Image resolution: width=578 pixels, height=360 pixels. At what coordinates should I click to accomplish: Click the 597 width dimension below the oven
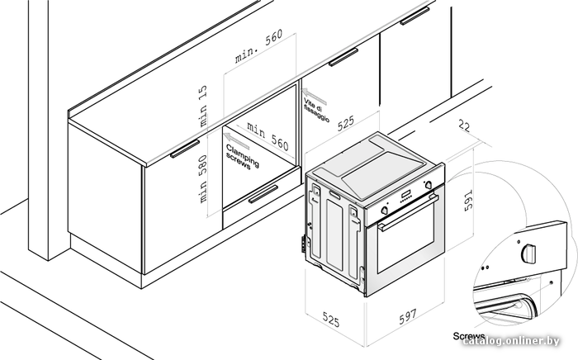[x=407, y=316]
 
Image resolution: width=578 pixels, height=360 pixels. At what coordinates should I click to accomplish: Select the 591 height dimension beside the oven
[x=468, y=201]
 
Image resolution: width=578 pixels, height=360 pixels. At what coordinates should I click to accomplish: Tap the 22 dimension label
[x=464, y=126]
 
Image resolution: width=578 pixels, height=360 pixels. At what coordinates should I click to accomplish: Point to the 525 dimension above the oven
[x=346, y=123]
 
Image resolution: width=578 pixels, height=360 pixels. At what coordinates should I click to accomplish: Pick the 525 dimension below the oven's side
[x=330, y=319]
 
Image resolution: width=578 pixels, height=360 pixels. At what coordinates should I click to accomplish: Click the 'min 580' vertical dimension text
[x=203, y=178]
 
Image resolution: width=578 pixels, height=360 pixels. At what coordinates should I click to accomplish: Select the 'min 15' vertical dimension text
[x=203, y=107]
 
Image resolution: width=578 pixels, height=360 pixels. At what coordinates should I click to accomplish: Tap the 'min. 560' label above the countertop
[x=258, y=45]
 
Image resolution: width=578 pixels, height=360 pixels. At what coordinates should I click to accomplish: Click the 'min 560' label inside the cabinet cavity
[x=268, y=136]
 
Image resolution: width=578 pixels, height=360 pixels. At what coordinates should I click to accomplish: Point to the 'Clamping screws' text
[x=242, y=158]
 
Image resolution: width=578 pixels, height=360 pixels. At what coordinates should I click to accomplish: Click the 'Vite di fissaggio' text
[x=316, y=110]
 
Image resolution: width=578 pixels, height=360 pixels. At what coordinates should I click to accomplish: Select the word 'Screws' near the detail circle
[x=469, y=336]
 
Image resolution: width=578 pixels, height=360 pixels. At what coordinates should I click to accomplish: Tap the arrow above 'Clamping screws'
[x=237, y=141]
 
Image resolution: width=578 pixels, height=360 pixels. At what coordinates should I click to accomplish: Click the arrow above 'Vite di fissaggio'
[x=315, y=96]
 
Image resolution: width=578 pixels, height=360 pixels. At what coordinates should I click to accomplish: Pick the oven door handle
[x=409, y=212]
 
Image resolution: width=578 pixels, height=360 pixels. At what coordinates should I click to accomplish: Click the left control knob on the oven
[x=384, y=210]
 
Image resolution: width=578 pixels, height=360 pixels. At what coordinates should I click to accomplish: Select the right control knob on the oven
[x=429, y=185]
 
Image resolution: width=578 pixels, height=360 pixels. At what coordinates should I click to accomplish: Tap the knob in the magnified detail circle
[x=528, y=253]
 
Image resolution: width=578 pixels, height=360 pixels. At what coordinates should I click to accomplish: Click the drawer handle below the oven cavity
[x=263, y=194]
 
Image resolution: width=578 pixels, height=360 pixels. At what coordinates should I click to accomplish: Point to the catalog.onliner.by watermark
[x=511, y=341]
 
